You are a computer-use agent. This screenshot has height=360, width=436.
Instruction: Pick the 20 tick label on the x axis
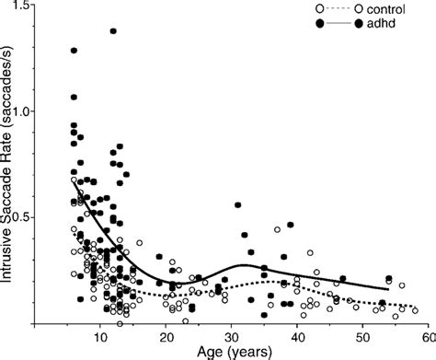(166, 337)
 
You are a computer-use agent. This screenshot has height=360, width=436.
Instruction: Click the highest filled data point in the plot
(113, 31)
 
